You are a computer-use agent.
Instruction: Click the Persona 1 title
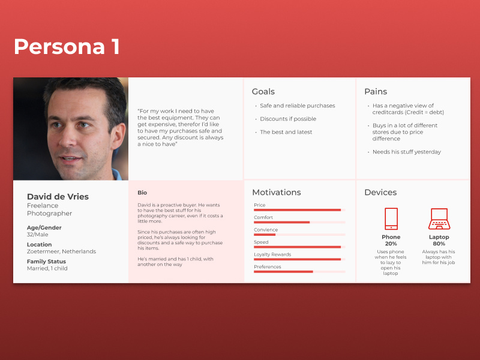(67, 46)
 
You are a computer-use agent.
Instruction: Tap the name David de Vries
(58, 197)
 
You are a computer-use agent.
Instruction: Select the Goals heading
(263, 92)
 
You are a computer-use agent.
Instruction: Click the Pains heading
(376, 92)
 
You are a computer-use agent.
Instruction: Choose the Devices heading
(380, 193)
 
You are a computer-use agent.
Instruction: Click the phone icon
(391, 218)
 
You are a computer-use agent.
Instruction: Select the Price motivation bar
(298, 210)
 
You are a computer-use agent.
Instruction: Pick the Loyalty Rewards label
(272, 254)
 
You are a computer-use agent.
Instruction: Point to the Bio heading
(142, 193)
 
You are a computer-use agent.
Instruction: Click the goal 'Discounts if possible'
(288, 119)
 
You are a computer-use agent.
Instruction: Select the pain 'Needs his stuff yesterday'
(407, 152)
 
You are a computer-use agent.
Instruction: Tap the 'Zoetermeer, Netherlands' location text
(61, 251)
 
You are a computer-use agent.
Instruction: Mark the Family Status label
(46, 262)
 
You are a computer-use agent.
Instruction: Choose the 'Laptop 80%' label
(439, 241)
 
